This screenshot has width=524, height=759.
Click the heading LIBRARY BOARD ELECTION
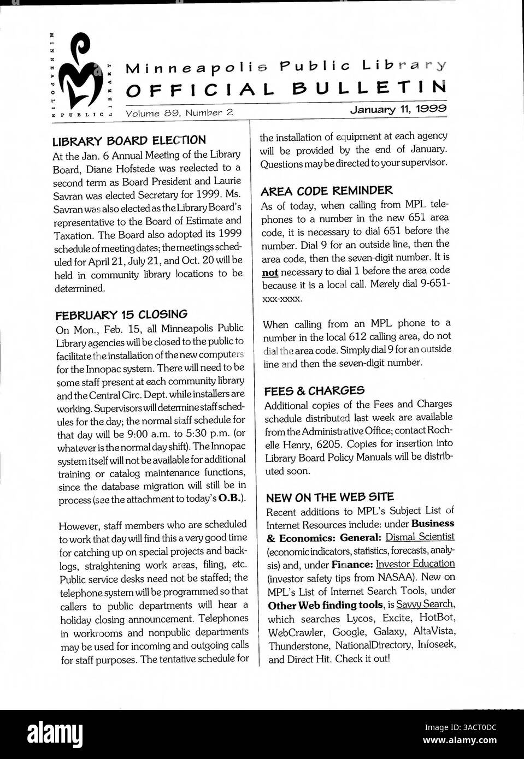click(129, 141)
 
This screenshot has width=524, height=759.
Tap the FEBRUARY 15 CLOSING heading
click(121, 315)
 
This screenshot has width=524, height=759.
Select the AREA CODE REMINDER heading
click(326, 191)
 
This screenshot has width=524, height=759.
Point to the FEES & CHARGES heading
click(314, 391)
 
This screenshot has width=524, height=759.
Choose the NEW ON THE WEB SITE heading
click(329, 497)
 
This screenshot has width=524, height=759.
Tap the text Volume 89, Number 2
click(179, 113)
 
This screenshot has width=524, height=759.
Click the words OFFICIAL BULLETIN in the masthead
click(286, 88)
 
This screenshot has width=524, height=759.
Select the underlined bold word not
click(270, 271)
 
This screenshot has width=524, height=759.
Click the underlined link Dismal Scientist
click(420, 537)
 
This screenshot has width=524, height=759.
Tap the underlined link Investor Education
click(415, 564)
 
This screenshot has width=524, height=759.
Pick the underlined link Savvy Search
click(425, 604)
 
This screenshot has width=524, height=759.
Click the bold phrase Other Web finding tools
click(325, 605)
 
